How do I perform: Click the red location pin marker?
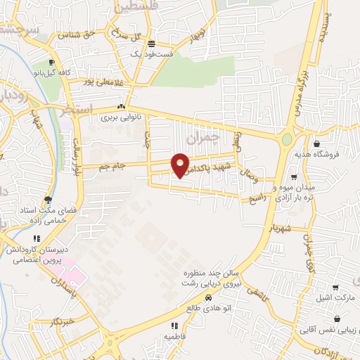coord(180,165)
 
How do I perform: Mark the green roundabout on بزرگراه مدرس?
coord(287,139)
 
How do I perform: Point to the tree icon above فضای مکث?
coord(48,199)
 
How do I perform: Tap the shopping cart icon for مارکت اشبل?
coord(335,288)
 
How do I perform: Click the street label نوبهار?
coord(198,34)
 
